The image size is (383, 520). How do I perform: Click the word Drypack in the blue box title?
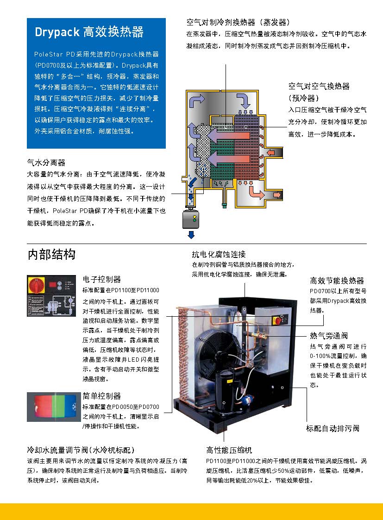(57, 32)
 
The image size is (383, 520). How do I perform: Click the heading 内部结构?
(51, 255)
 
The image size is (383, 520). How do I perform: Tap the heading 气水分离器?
(46, 163)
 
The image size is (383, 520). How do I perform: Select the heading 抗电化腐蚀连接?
(219, 254)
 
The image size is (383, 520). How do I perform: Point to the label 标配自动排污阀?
(333, 428)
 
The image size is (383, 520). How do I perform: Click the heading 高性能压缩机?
(229, 450)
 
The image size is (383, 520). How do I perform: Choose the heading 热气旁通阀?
(329, 336)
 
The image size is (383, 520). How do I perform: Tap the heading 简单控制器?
(101, 396)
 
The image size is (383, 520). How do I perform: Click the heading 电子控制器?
(101, 279)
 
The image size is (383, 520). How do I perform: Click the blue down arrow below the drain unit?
(191, 235)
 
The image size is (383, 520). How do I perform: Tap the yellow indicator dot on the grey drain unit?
(195, 217)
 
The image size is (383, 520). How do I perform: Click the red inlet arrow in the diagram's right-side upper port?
(271, 152)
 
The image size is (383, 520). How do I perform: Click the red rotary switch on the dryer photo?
(276, 320)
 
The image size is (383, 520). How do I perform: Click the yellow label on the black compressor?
(229, 382)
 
